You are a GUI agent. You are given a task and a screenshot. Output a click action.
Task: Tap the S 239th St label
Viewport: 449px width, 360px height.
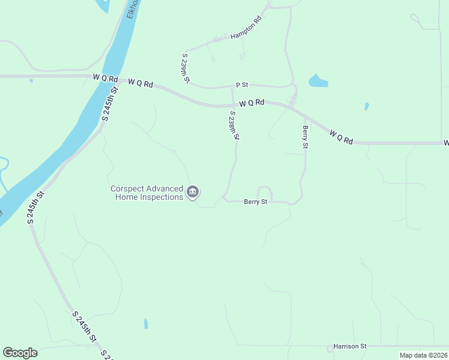click(185, 67)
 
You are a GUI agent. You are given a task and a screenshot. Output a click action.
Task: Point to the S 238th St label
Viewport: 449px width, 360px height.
click(234, 125)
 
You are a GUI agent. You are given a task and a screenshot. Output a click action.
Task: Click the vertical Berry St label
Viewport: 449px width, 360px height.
click(305, 137)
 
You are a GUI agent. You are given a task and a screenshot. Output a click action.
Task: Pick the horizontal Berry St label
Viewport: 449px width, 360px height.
click(255, 202)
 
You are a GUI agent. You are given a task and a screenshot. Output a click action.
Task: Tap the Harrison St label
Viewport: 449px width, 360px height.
click(350, 346)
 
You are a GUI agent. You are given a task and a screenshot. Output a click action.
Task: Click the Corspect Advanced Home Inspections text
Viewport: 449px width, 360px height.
click(147, 193)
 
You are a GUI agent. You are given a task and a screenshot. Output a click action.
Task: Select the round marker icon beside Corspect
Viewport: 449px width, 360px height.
click(193, 193)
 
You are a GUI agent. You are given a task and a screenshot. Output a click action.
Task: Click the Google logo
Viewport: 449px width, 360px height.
click(20, 353)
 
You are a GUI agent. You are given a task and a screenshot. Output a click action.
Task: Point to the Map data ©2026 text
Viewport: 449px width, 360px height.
click(423, 355)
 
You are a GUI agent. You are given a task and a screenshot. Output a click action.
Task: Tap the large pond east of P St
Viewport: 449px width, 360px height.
click(318, 81)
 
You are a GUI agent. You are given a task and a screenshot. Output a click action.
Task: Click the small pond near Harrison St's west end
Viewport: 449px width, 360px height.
click(146, 323)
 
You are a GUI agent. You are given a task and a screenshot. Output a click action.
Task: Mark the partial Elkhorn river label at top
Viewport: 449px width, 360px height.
click(133, 8)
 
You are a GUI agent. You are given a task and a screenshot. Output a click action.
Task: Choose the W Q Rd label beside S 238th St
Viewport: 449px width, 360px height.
click(252, 103)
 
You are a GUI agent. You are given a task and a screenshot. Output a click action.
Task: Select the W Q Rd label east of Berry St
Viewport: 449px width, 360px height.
click(340, 136)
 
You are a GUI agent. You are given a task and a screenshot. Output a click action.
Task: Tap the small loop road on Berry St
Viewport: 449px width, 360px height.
click(265, 193)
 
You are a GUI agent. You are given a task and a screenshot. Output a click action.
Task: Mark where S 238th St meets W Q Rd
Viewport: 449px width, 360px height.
click(233, 105)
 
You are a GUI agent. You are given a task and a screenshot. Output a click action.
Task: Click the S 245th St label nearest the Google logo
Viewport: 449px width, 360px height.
click(85, 326)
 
